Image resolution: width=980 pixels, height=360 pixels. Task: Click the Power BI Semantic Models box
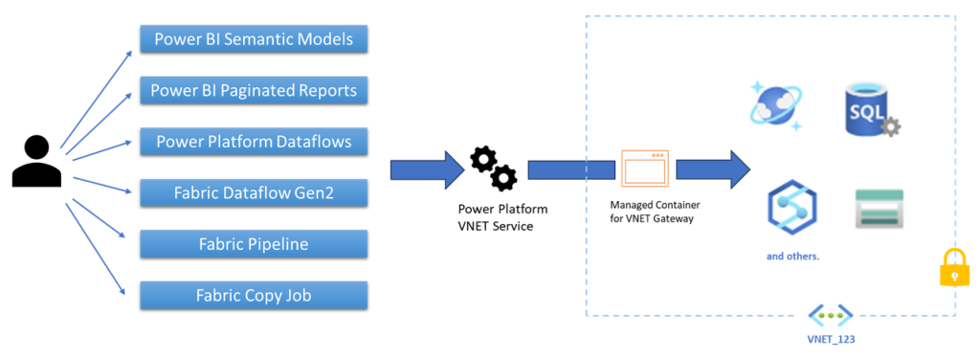254,39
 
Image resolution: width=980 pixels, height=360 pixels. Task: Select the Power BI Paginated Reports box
254,91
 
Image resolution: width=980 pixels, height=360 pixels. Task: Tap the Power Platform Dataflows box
254,142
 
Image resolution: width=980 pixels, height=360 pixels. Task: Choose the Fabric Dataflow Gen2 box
254,192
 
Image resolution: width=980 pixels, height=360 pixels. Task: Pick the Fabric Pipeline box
254,244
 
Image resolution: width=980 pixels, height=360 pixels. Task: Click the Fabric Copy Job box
254,295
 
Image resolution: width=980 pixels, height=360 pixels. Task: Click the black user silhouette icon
36,161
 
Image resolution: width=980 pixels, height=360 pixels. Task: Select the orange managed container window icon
643,169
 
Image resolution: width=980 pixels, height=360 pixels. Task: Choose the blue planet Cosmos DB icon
775,106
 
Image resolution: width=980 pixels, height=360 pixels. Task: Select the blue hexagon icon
791,208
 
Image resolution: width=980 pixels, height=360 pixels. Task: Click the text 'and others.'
792,257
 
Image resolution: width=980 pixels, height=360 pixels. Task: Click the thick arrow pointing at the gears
426,170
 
